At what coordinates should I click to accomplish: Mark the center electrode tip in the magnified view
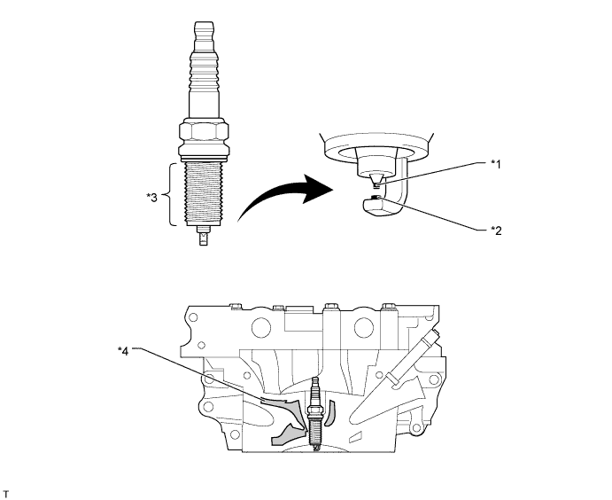[376, 183]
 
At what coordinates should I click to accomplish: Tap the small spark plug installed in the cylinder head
[314, 412]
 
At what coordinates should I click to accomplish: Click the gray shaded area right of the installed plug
[334, 412]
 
